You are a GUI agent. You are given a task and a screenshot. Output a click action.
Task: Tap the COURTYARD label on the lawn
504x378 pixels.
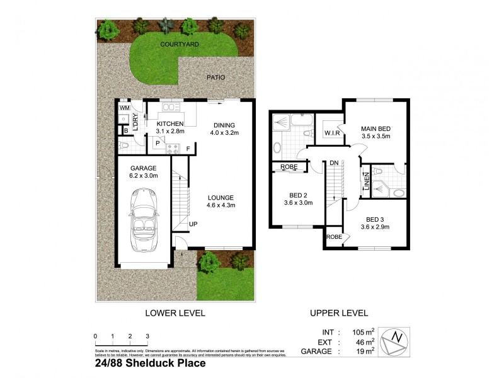point(180,45)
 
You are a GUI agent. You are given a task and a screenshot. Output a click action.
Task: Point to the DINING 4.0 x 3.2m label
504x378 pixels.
point(223,128)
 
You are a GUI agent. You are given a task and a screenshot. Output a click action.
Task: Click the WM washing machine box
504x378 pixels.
point(125,109)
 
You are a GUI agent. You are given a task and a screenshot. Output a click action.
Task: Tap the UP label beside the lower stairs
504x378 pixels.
point(193,224)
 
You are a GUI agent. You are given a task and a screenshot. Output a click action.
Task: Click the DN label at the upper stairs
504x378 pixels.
point(334,163)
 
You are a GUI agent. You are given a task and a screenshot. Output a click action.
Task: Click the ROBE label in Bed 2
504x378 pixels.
point(289,166)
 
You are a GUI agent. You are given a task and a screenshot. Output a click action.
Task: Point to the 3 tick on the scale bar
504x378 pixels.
point(147,336)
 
